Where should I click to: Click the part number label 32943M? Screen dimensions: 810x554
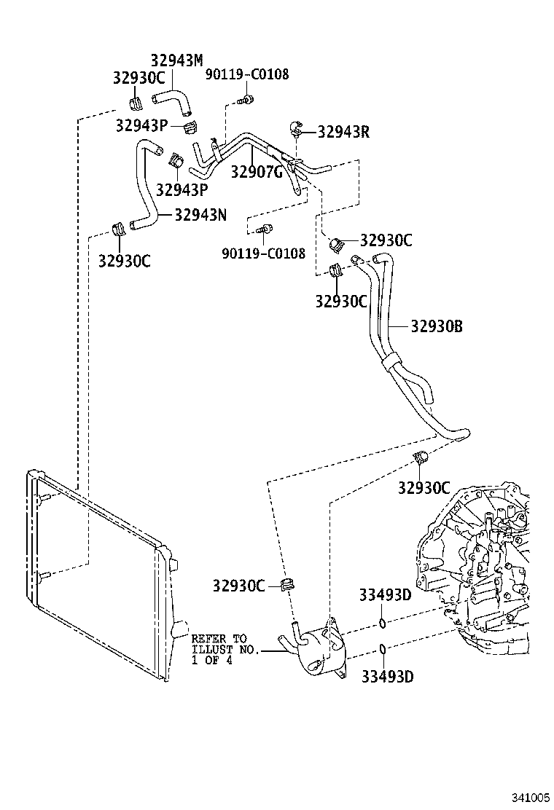pos(176,60)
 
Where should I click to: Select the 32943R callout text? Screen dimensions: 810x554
pos(343,132)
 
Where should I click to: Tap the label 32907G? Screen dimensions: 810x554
pos(256,173)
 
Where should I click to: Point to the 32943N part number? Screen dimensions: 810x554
pos(200,214)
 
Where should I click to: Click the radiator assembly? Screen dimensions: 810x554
pos(95,575)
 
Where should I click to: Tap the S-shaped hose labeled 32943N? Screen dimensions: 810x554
pos(146,186)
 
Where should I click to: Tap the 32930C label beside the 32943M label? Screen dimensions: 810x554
pos(138,78)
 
